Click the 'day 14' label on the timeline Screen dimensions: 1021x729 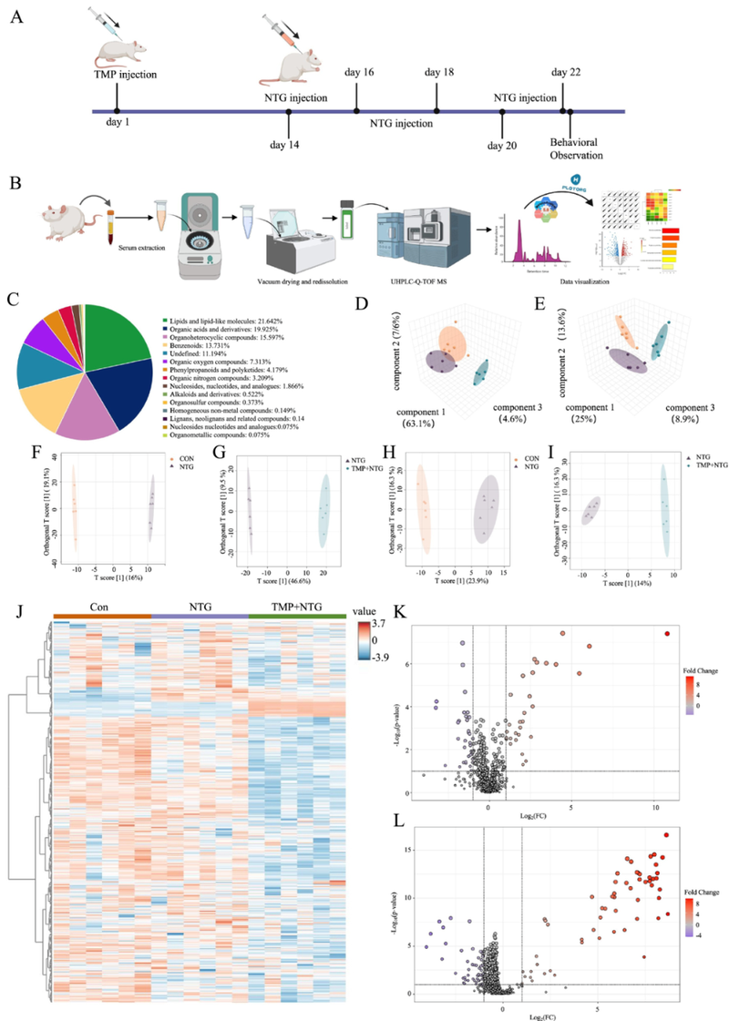coord(288,143)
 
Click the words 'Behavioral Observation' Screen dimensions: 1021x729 coord(575,148)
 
